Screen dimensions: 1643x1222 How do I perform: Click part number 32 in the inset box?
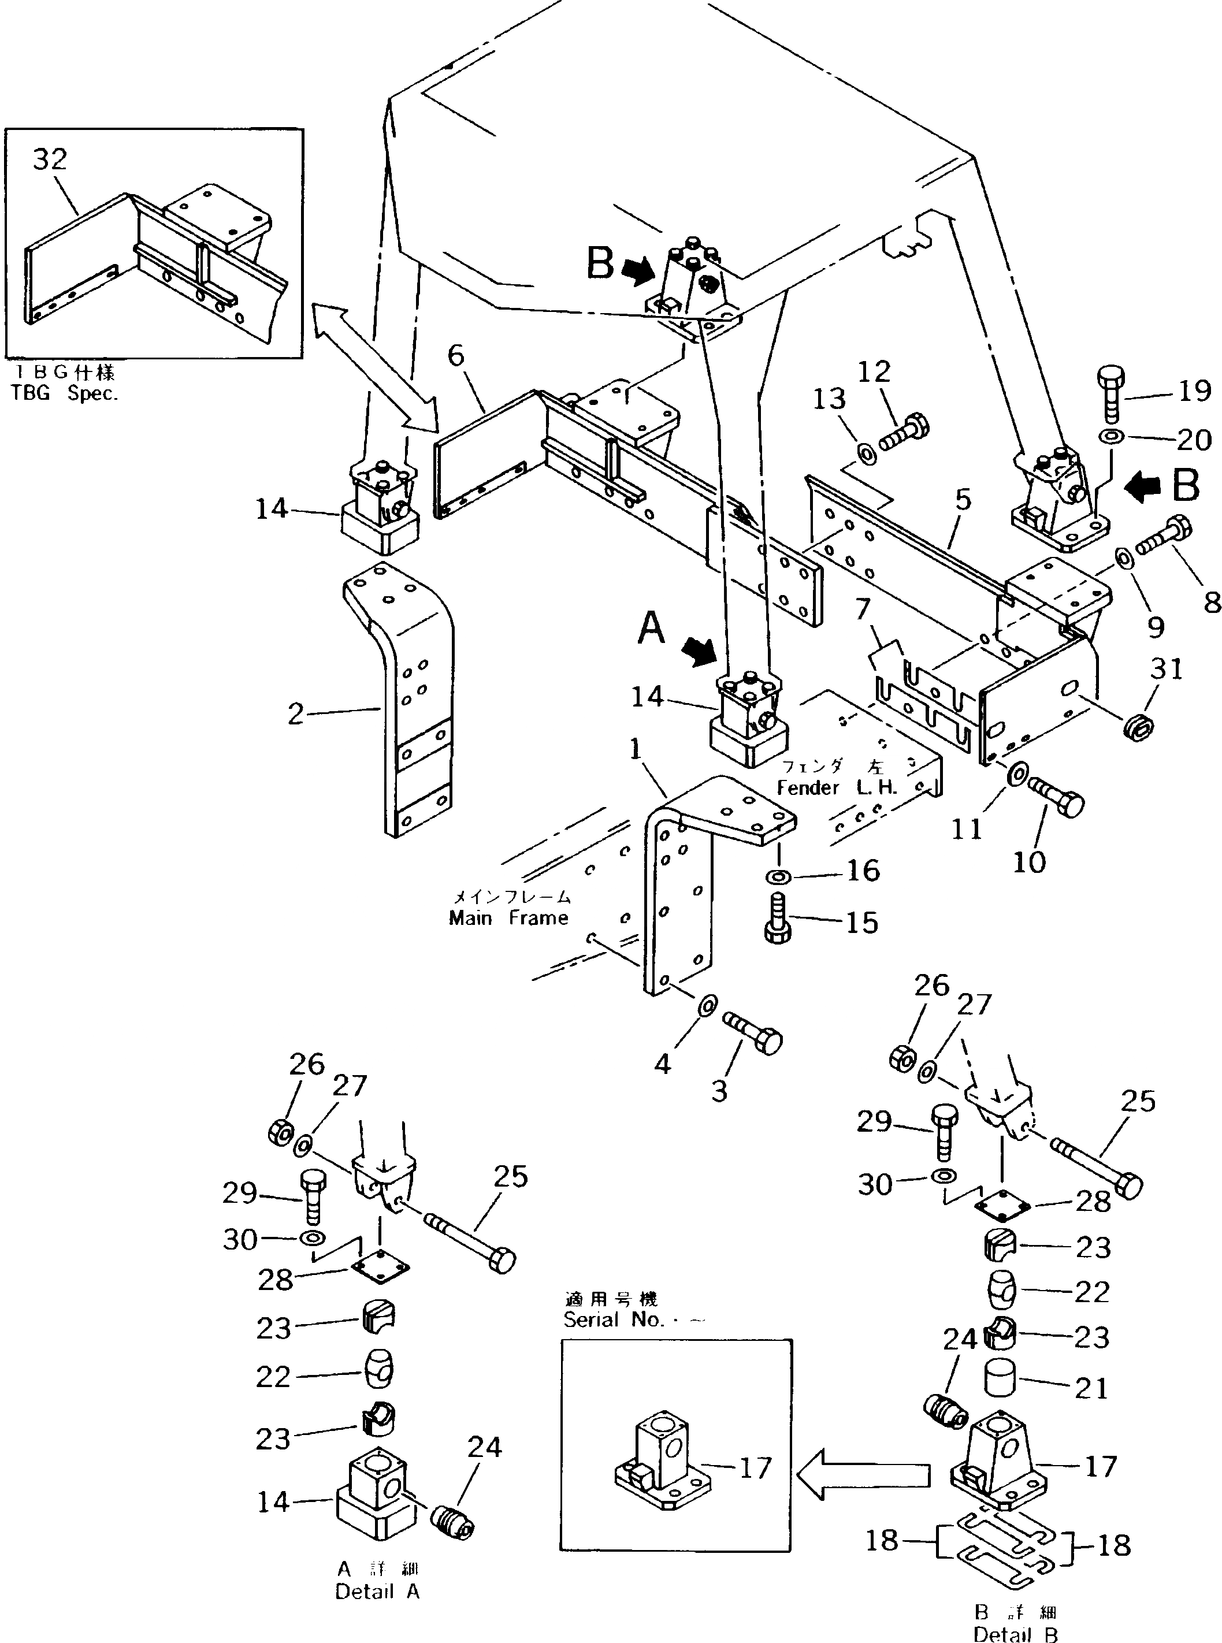pyautogui.click(x=50, y=159)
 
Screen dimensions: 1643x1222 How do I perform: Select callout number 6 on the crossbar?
pyautogui.click(x=456, y=356)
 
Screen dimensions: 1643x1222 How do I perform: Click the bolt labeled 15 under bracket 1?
pyautogui.click(x=776, y=919)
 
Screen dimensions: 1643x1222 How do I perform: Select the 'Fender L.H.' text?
pyautogui.click(x=837, y=787)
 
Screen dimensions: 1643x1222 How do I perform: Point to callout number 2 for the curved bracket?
pyautogui.click(x=296, y=713)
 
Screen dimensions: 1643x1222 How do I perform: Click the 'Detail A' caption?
pyautogui.click(x=377, y=1592)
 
